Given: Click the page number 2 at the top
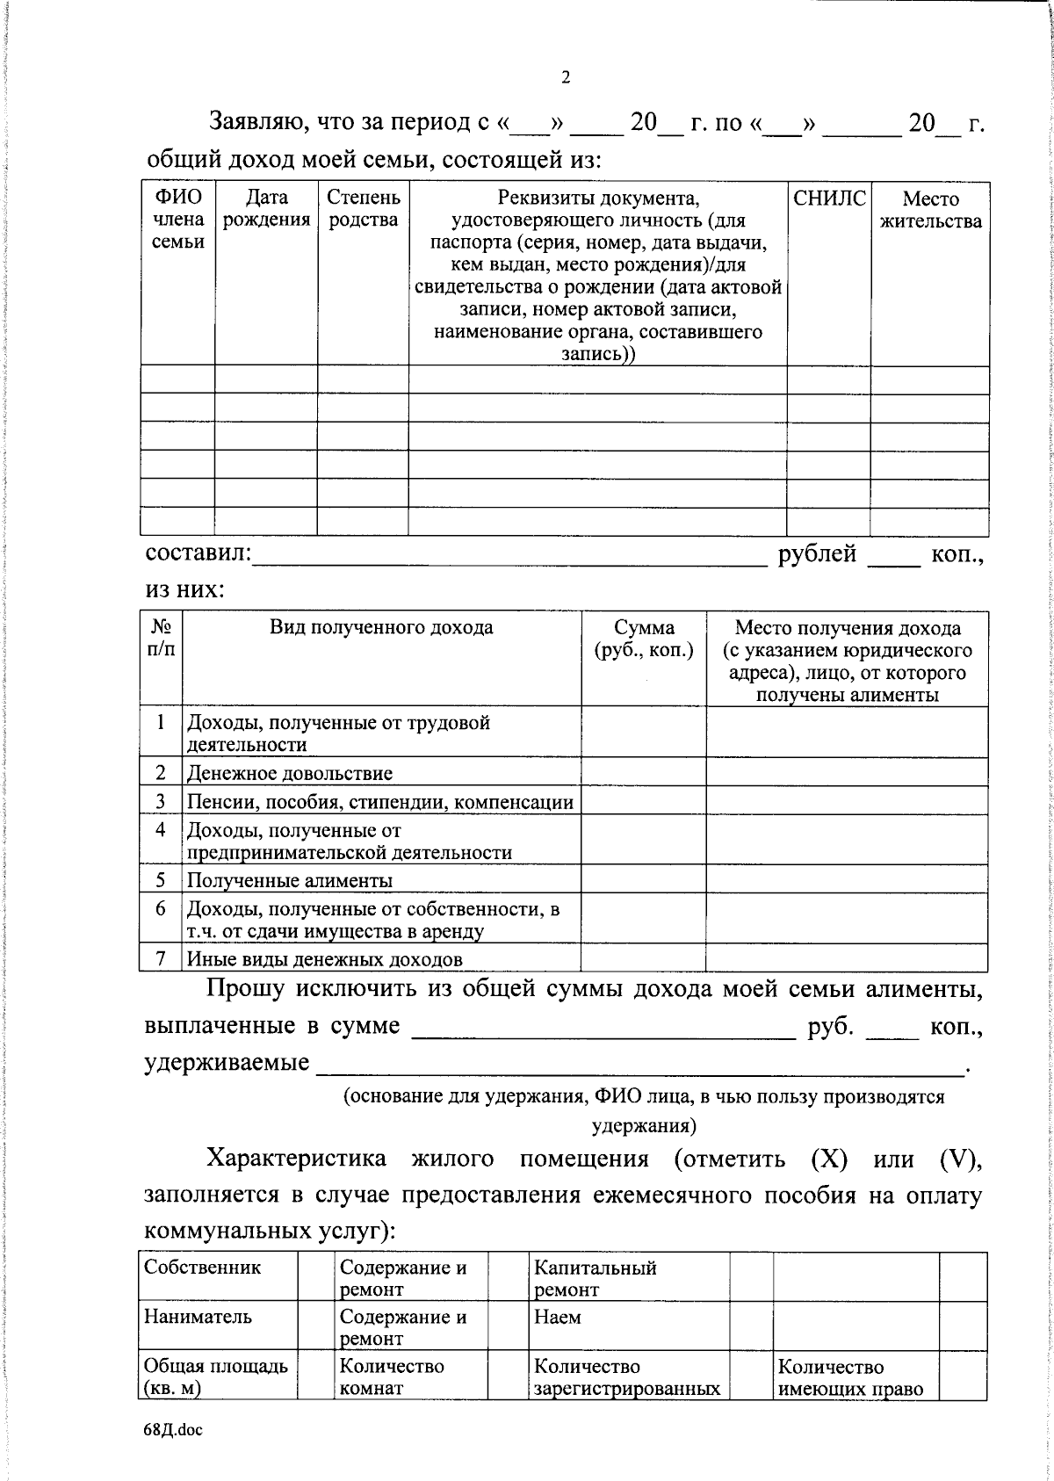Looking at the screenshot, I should [566, 77].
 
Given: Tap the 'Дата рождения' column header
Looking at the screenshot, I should [266, 209].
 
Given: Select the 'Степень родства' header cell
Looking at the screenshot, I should [363, 209].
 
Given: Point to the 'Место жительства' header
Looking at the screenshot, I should [930, 210].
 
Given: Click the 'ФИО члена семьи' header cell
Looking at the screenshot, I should [178, 220].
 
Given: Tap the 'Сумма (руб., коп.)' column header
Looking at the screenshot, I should [643, 639].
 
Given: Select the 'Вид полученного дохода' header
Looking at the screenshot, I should [381, 627].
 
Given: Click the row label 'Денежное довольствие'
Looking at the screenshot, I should [289, 773].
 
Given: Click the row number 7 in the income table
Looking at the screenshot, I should [161, 958].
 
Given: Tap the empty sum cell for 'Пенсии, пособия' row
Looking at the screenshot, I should [643, 801].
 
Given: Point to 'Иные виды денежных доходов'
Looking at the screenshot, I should [324, 959].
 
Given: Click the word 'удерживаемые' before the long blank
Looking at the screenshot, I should [227, 1063].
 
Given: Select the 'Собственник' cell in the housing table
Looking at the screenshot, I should [203, 1268].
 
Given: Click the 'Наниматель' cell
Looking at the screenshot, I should [198, 1317].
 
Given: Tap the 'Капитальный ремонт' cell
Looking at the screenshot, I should [595, 1278].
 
